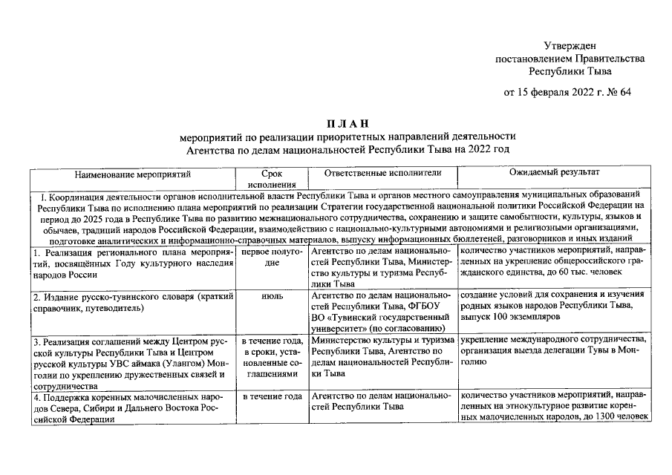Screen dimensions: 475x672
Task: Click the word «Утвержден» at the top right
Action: (570, 46)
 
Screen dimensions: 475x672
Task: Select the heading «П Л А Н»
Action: (346, 123)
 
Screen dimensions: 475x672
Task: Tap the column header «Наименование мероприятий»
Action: (133, 174)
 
